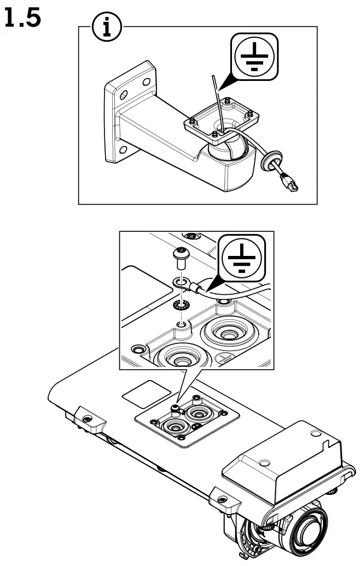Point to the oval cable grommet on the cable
269,161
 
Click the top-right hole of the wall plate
146,81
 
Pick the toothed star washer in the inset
179,305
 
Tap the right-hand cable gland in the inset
225,331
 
